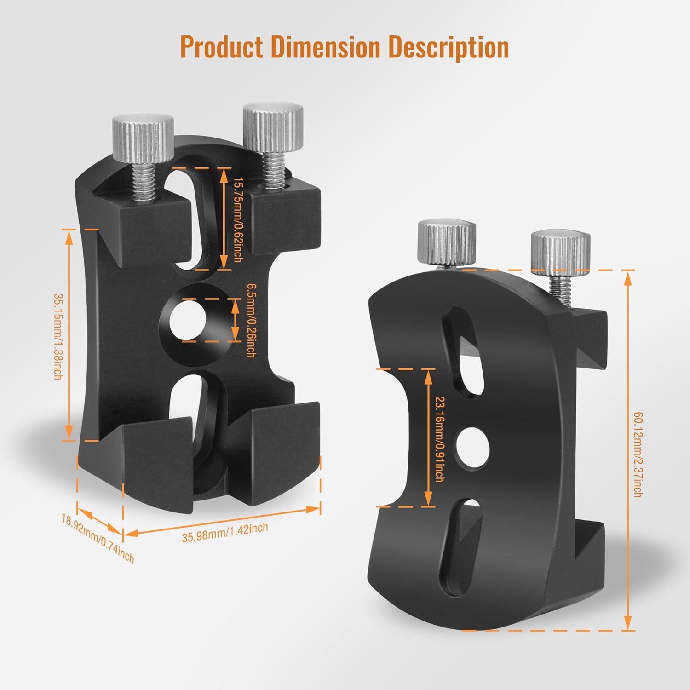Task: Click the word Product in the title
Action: (x=221, y=47)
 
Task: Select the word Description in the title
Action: (x=448, y=47)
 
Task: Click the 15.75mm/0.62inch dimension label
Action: (x=237, y=219)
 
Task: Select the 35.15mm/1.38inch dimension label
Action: (x=58, y=336)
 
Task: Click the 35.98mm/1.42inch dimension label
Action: (x=224, y=533)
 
